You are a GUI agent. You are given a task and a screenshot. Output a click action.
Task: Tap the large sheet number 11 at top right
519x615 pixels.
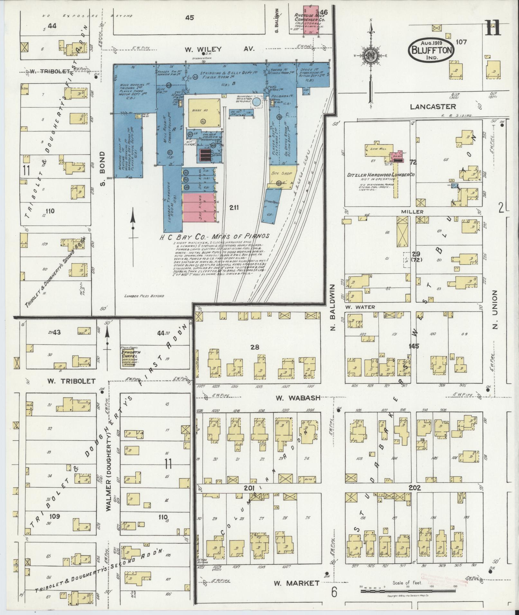click(493, 28)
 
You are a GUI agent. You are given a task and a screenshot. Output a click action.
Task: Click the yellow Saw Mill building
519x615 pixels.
click(377, 150)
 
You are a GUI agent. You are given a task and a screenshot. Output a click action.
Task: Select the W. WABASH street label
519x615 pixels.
click(298, 398)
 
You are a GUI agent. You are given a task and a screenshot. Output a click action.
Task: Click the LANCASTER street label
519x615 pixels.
click(433, 106)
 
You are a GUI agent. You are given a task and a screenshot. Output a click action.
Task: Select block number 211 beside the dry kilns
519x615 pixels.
click(234, 207)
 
